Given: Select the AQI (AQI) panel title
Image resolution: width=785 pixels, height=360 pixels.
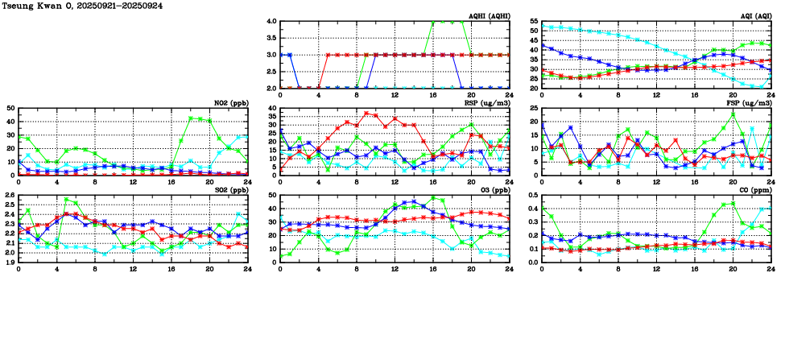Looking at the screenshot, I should tap(753, 16).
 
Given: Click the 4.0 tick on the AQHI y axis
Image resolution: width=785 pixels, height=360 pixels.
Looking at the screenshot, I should tap(271, 22).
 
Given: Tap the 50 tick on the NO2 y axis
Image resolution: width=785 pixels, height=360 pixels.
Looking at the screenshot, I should tap(10, 109).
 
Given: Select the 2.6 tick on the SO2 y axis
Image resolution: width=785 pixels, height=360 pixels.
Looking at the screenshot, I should tap(10, 196).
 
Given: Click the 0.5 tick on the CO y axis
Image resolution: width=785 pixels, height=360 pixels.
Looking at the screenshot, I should tap(533, 196).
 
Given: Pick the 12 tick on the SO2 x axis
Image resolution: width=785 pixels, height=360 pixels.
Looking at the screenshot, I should tap(133, 268).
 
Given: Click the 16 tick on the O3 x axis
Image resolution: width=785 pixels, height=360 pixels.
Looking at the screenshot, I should tap(433, 268).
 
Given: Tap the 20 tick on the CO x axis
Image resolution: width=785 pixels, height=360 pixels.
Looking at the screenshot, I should tap(733, 268).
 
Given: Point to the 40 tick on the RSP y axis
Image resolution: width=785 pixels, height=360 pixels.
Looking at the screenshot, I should tap(271, 109).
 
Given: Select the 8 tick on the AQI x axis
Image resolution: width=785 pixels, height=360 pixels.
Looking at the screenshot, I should tap(618, 94).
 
